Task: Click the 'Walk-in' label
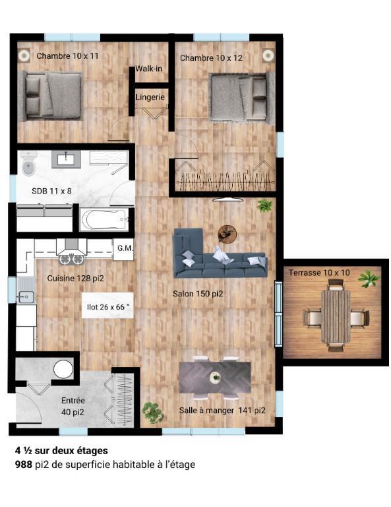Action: (149, 69)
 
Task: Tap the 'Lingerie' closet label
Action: (150, 97)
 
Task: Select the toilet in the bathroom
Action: (28, 166)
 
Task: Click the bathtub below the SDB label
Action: (104, 219)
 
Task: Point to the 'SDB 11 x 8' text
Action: (51, 191)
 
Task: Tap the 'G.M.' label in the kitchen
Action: (125, 248)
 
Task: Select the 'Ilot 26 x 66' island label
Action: (109, 306)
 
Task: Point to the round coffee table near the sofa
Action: (227, 232)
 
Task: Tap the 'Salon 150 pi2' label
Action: (198, 294)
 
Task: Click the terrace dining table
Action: (336, 316)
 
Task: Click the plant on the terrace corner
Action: (369, 279)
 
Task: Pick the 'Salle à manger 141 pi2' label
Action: (222, 410)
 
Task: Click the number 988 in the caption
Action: (24, 465)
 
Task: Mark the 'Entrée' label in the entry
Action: (73, 400)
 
